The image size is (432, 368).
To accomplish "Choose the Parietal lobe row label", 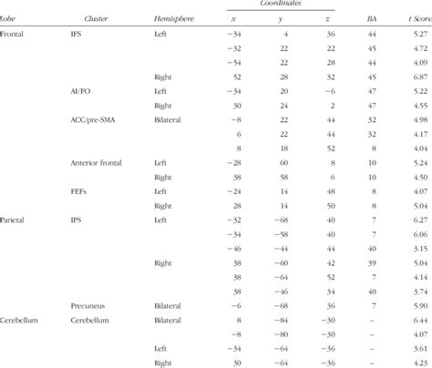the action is [x=15, y=220].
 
